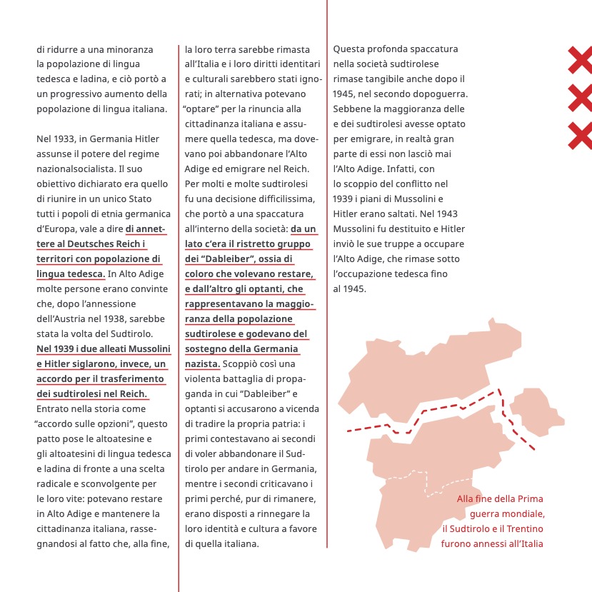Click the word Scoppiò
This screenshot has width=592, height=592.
(x=240, y=364)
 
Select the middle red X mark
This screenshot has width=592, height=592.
(x=581, y=98)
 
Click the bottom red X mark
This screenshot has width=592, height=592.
(x=581, y=136)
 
